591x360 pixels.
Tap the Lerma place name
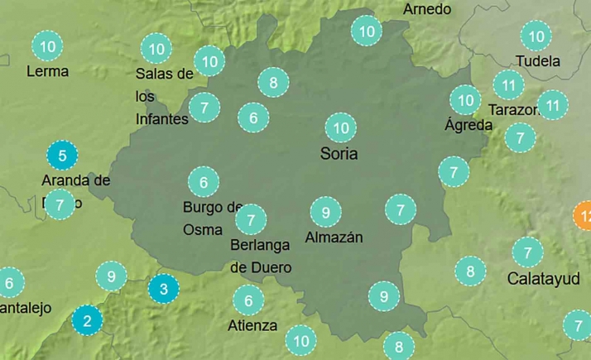coord(48,71)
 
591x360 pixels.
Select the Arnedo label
coord(427,9)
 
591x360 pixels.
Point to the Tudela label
coord(537,61)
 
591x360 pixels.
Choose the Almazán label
coord(334,238)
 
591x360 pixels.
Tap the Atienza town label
coord(252,325)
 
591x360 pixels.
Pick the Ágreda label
coord(468,126)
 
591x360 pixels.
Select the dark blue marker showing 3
coord(163,289)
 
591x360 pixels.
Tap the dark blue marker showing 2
coord(88,319)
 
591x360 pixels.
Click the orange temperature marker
coord(584,218)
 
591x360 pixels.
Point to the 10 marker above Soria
coord(340,127)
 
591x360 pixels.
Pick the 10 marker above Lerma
coord(48,46)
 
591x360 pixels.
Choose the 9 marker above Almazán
coord(326,213)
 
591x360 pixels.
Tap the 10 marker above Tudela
coord(536,36)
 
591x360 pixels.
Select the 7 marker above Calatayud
coord(526,251)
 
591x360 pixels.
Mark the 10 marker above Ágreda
coord(465,100)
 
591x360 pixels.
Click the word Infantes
coord(161,118)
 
